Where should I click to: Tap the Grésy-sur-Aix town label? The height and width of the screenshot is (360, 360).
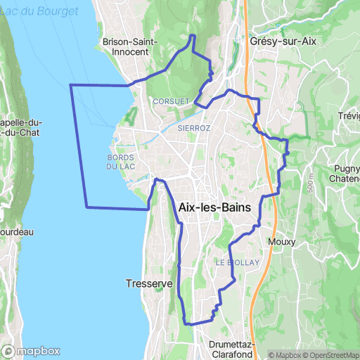(283, 41)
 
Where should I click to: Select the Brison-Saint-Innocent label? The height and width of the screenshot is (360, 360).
(135, 46)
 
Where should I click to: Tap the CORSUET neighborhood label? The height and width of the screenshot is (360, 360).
(171, 101)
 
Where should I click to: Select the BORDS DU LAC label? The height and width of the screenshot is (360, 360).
(121, 162)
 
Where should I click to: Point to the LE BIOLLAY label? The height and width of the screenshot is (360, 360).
(238, 262)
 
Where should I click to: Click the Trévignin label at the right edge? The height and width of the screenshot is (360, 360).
(349, 116)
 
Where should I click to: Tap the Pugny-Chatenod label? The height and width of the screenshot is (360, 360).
(345, 174)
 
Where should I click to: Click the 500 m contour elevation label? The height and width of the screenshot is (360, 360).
(310, 181)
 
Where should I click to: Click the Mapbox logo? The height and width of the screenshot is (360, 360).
(31, 351)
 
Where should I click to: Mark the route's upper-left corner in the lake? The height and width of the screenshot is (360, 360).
(70, 84)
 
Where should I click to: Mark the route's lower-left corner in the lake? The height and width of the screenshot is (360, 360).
(86, 207)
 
